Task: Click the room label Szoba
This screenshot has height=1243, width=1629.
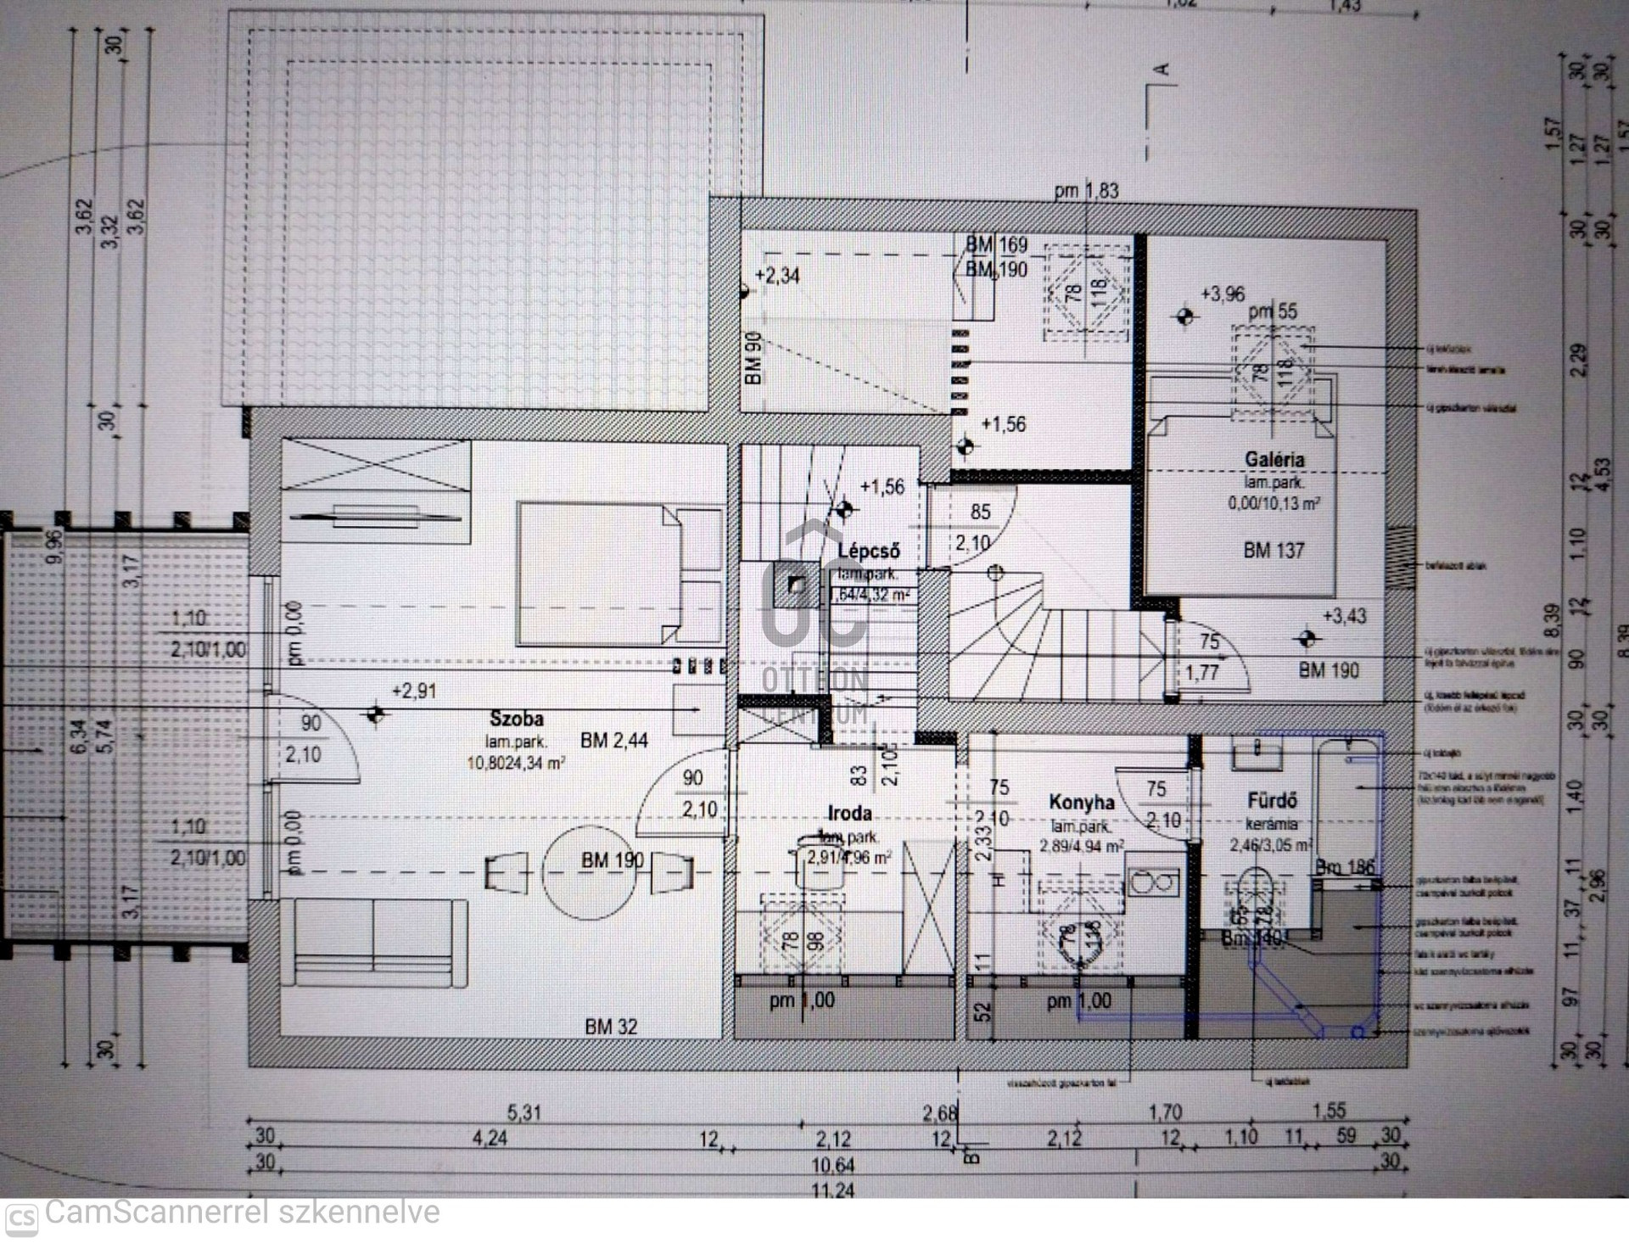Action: (x=516, y=719)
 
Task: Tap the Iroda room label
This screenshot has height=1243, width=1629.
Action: (x=849, y=813)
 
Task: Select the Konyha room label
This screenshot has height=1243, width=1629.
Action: (x=1081, y=802)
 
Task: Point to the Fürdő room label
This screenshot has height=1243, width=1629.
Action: (x=1272, y=800)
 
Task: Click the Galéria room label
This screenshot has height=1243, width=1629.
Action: (x=1274, y=459)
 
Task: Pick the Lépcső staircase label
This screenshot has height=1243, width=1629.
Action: (x=868, y=550)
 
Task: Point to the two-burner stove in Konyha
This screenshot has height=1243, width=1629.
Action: (x=1153, y=882)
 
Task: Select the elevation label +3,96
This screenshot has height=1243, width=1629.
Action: (x=1222, y=294)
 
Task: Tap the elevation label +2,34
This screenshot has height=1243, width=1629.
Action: (x=776, y=276)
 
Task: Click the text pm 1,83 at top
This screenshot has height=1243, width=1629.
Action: (x=1086, y=191)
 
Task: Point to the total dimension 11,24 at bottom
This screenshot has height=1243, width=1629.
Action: (x=832, y=1190)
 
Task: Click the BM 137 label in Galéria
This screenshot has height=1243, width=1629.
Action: (x=1273, y=550)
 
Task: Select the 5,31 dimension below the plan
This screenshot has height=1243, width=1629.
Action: (x=523, y=1111)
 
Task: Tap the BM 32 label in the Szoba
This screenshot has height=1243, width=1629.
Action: (x=610, y=1027)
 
